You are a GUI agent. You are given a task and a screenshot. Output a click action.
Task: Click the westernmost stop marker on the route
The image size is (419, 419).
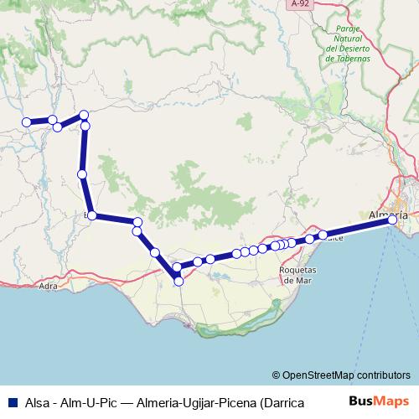pyautogui.click(x=26, y=122)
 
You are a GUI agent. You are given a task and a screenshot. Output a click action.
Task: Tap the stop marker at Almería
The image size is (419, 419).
pyautogui.click(x=392, y=220)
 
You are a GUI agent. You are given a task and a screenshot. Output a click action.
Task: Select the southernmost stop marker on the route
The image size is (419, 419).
pyautogui.click(x=178, y=282)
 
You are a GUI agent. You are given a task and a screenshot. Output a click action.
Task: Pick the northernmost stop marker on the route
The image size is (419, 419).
pyautogui.click(x=83, y=115)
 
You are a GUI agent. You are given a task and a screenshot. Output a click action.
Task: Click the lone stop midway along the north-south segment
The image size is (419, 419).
pyautogui.click(x=82, y=174)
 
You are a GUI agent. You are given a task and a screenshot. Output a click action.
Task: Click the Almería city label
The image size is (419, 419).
pyautogui.click(x=389, y=215)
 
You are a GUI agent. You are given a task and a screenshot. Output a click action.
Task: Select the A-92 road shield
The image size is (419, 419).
pyautogui.click(x=301, y=5)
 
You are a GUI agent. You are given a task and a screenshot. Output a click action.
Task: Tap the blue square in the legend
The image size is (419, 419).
pyautogui.click(x=10, y=401)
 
